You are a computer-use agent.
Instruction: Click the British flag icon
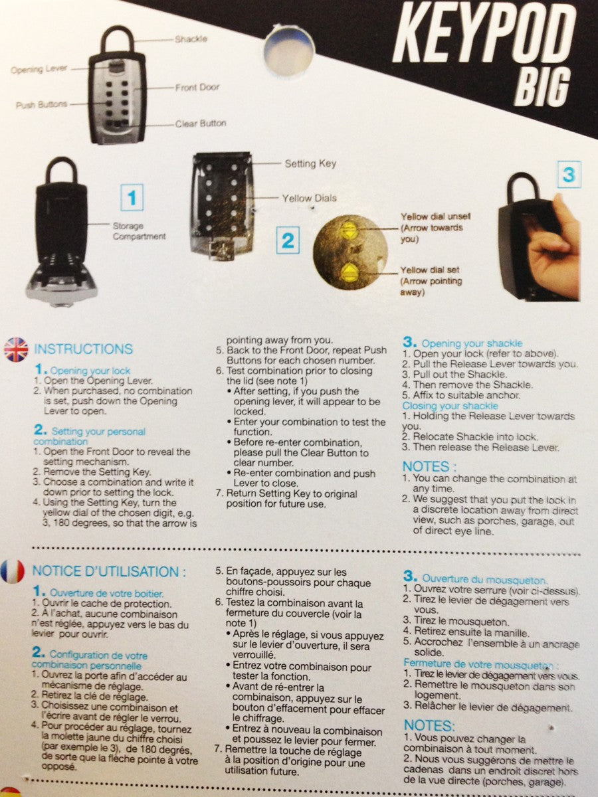click(16, 349)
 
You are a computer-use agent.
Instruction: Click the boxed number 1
click(132, 197)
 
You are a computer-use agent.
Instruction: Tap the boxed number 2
click(287, 239)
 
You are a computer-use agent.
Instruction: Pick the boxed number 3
click(568, 175)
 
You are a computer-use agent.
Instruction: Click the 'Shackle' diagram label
click(191, 40)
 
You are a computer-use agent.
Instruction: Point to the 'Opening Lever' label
click(39, 69)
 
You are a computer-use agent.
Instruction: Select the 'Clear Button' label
click(200, 124)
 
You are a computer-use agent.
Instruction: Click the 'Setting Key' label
click(310, 163)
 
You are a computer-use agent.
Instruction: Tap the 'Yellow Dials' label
click(309, 198)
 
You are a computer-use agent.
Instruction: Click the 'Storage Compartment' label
click(139, 232)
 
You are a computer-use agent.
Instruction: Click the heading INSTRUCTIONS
click(83, 349)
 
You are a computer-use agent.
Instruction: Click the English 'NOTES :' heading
click(430, 466)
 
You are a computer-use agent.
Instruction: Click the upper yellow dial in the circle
click(348, 230)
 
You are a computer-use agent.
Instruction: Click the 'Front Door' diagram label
click(197, 88)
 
